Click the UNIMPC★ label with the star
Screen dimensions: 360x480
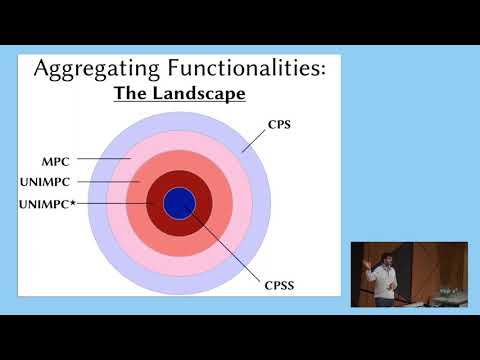48,205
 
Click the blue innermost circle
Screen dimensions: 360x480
179,203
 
